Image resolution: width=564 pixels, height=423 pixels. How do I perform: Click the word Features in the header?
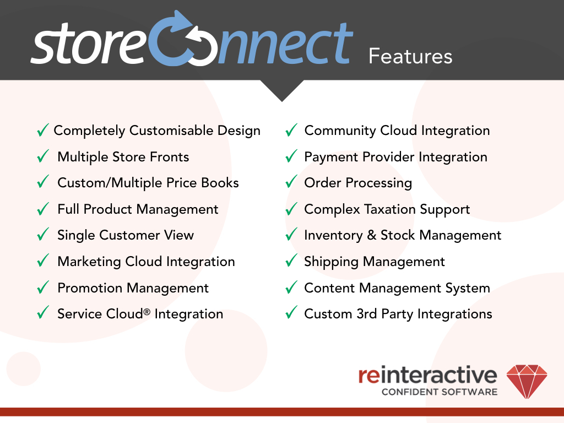click(x=410, y=56)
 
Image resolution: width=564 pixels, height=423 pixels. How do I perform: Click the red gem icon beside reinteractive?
click(x=527, y=381)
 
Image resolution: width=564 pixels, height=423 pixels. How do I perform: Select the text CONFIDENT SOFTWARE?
click(x=440, y=392)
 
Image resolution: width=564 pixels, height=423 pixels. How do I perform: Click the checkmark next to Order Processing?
click(x=291, y=183)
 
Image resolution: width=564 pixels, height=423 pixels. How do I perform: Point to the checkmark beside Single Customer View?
click(x=43, y=235)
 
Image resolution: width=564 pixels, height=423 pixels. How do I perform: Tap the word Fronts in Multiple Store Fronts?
click(x=169, y=157)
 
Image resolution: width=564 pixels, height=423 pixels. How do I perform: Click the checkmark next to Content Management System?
click(x=291, y=288)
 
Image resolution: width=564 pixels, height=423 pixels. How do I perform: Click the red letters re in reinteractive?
click(x=368, y=376)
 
